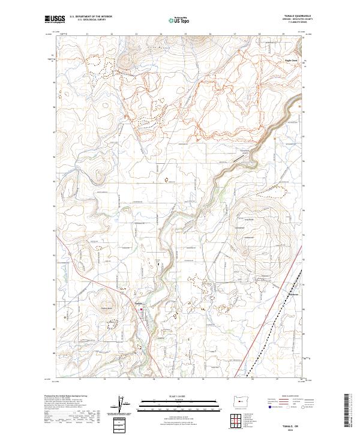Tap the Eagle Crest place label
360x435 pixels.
[x=291, y=61]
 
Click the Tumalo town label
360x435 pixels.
[x=137, y=305]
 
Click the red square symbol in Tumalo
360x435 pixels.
[x=142, y=310]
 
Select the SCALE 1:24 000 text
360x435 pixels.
[x=175, y=395]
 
